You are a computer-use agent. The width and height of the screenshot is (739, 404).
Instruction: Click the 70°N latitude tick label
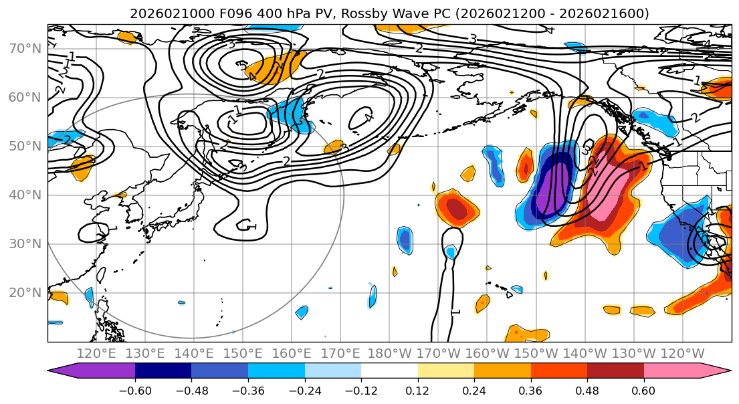coord(23,48)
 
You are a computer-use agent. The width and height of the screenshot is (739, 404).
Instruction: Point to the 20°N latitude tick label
coord(23,293)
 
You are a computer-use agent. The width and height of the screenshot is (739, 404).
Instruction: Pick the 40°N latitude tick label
coord(23,195)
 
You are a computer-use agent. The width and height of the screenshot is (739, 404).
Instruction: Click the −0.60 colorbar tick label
coord(135,391)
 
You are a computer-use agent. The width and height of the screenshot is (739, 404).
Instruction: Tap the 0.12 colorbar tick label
coord(418,391)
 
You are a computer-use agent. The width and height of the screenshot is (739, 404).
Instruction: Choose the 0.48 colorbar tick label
coord(587,391)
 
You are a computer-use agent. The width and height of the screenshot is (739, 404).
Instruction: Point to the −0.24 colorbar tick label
coord(304,391)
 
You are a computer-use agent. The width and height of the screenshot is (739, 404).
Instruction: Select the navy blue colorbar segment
coord(163,371)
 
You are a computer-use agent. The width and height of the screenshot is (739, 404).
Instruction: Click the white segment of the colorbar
coord(389,371)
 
